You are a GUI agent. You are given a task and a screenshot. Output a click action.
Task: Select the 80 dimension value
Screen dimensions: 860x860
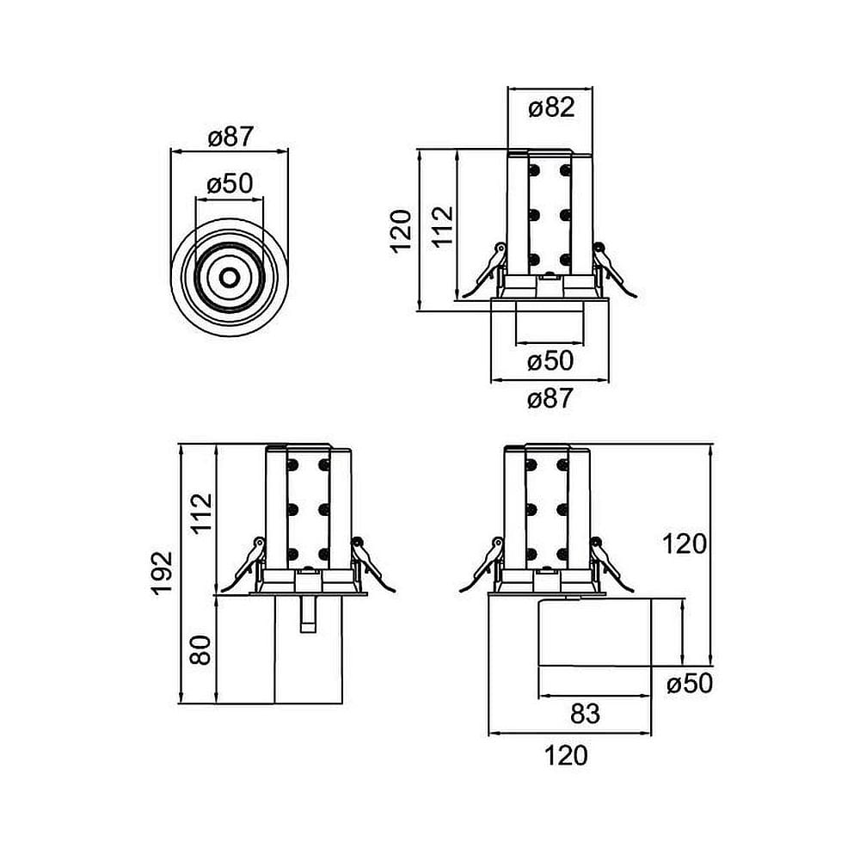pyautogui.click(x=200, y=650)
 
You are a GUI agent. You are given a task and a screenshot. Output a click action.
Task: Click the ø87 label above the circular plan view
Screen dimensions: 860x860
pyautogui.click(x=230, y=137)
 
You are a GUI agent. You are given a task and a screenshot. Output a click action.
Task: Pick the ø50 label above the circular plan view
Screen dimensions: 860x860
pyautogui.click(x=230, y=183)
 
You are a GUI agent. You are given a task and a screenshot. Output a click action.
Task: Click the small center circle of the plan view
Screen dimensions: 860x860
pyautogui.click(x=230, y=278)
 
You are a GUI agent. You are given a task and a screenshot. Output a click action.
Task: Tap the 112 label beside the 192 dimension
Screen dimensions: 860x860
pyautogui.click(x=200, y=514)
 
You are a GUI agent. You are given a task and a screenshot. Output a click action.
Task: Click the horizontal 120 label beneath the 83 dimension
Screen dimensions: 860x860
pyautogui.click(x=567, y=755)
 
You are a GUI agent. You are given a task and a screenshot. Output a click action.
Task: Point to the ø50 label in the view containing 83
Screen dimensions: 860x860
pyautogui.click(x=690, y=684)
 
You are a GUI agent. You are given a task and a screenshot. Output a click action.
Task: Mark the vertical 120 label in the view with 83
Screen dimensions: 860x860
pyautogui.click(x=685, y=544)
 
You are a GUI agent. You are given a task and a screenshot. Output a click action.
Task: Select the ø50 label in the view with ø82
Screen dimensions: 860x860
pyautogui.click(x=550, y=360)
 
